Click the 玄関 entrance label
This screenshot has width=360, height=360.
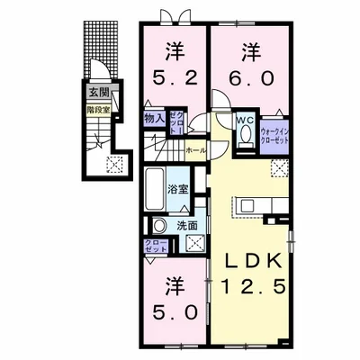point(94,92)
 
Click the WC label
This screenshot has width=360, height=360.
point(245,120)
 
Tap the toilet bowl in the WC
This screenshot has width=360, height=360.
point(245,136)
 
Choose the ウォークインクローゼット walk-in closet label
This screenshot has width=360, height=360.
point(275,136)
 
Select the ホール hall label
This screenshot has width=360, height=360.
point(195,150)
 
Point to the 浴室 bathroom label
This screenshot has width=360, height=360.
point(178,189)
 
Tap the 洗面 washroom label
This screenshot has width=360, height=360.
point(187,225)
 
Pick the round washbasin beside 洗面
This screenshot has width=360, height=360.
point(159,225)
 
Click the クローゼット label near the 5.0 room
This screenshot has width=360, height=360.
point(154,246)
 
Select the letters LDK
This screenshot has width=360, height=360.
point(256,262)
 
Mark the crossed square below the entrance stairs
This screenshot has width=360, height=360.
point(114,164)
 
